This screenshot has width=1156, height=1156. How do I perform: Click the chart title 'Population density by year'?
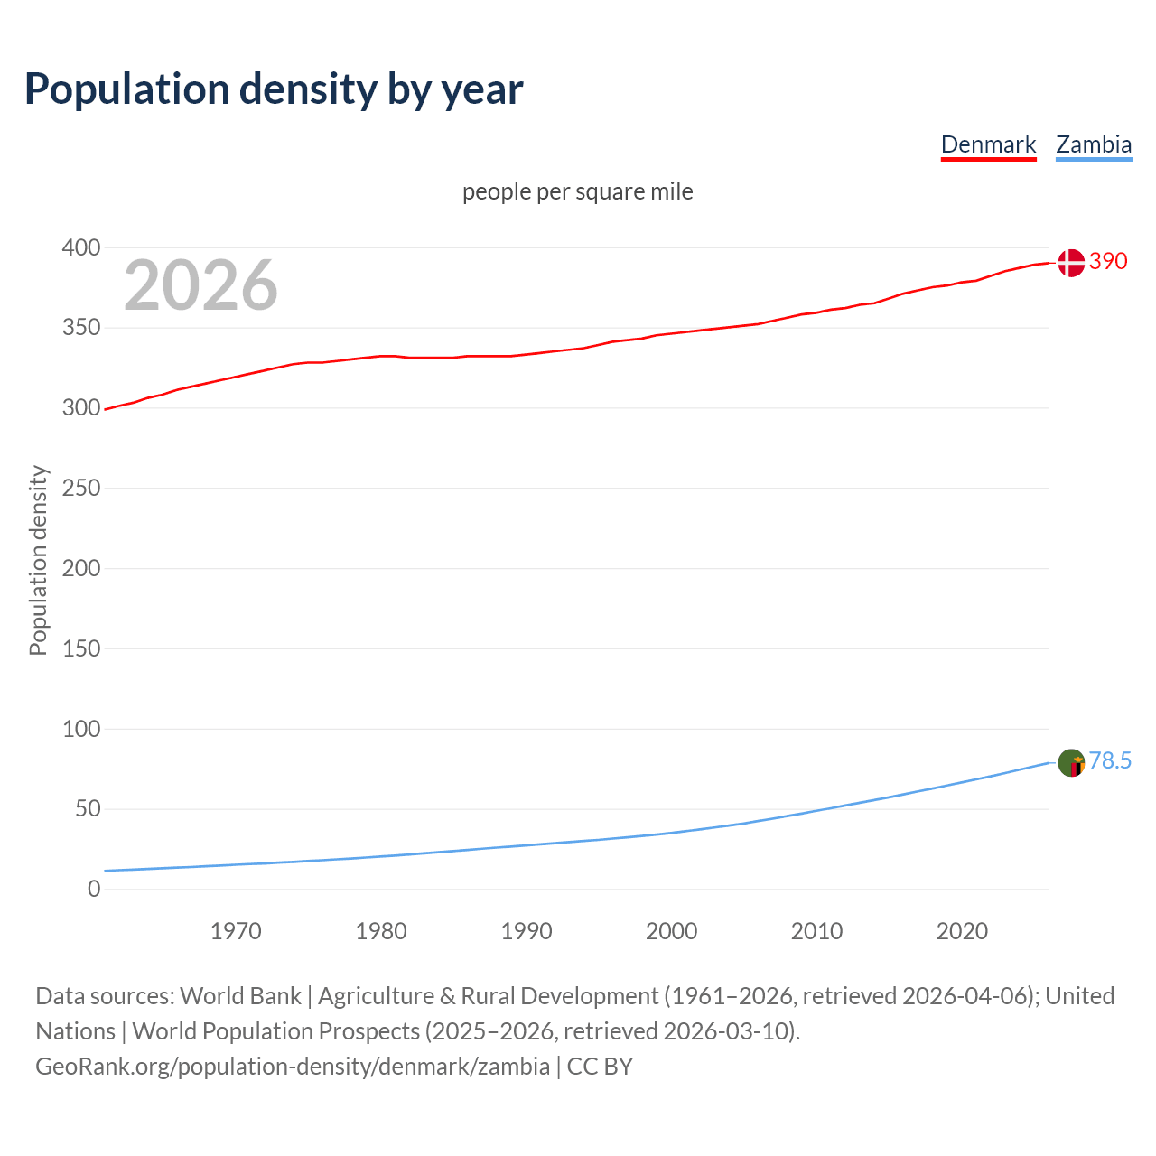click(x=274, y=89)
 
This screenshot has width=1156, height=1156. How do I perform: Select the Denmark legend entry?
click(x=988, y=144)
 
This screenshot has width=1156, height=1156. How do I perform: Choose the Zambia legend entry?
click(x=1094, y=144)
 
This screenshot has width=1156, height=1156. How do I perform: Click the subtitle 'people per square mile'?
click(x=577, y=191)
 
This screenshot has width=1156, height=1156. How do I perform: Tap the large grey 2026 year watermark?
click(x=200, y=285)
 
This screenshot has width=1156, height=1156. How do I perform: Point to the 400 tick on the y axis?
click(x=81, y=247)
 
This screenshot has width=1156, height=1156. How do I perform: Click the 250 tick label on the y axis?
click(x=81, y=488)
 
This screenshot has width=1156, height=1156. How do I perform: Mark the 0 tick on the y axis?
click(x=94, y=889)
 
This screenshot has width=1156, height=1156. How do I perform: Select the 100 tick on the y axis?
click(x=81, y=729)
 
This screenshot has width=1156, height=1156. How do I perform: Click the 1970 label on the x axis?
click(x=236, y=931)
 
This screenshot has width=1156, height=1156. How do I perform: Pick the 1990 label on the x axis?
click(x=527, y=931)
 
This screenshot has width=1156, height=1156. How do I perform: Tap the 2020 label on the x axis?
click(x=962, y=931)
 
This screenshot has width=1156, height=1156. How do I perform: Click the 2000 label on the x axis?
click(x=671, y=931)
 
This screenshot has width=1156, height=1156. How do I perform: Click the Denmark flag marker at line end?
click(x=1071, y=263)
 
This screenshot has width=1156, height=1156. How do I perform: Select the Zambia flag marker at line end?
click(x=1071, y=763)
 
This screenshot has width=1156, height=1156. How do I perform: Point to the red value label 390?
click(x=1108, y=262)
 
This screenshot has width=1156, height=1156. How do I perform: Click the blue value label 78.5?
click(x=1110, y=761)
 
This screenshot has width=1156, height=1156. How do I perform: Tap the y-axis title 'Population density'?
click(x=38, y=560)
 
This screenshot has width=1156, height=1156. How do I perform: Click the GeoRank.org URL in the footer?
click(x=293, y=1067)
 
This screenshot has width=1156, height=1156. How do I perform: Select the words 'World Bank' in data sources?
click(x=240, y=996)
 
